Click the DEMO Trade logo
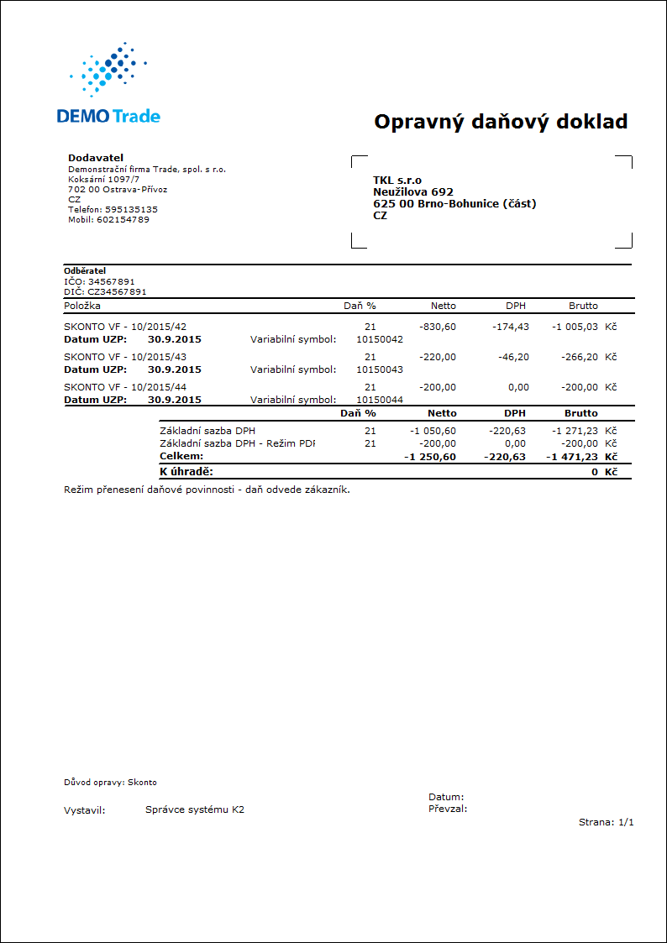(x=108, y=84)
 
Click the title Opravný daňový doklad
(x=501, y=122)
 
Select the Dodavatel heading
(x=95, y=158)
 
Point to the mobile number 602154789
(x=123, y=219)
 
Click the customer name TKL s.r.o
(x=397, y=180)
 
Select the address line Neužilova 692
(x=413, y=191)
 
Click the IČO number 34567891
(x=111, y=281)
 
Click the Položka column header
(x=82, y=306)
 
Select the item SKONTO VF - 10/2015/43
(x=125, y=357)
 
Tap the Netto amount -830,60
(x=437, y=327)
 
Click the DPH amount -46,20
(x=512, y=357)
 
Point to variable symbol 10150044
(x=380, y=400)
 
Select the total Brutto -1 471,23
(x=573, y=456)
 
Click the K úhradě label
(x=186, y=472)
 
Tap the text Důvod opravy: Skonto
(x=110, y=782)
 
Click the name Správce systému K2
(x=195, y=810)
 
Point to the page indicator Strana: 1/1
(x=606, y=822)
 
